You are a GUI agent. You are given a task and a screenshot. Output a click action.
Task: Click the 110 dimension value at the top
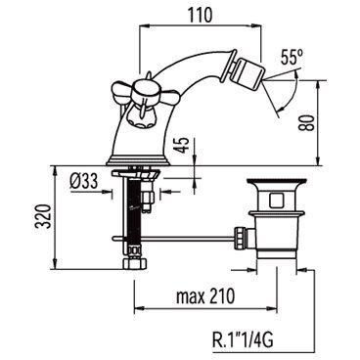click(200, 15)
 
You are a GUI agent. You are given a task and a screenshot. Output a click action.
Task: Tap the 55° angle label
click(292, 59)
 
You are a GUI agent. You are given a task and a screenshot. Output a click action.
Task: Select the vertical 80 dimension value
click(307, 122)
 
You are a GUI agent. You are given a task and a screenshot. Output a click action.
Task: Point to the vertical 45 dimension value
click(183, 145)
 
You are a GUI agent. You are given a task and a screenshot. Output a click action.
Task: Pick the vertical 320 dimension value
click(43, 216)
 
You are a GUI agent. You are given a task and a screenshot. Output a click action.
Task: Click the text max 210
click(205, 296)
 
